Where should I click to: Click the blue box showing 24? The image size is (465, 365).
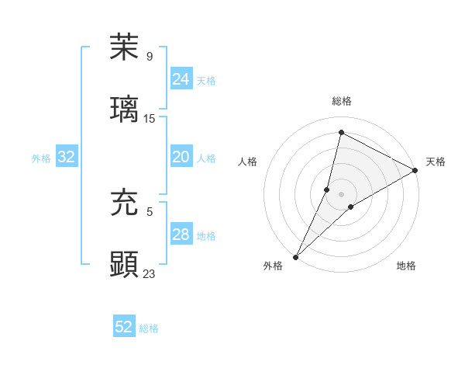181,79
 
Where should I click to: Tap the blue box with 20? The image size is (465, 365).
181,157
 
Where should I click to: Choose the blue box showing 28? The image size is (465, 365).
181,235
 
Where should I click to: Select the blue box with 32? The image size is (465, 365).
67,157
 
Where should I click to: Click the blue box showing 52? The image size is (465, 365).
123,327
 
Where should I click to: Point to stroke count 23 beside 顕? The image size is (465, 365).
150,273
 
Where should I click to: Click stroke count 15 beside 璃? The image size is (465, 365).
150,118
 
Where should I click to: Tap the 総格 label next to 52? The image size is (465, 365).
149,328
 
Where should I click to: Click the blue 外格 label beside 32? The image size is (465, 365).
41,158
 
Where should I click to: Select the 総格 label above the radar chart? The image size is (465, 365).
341,101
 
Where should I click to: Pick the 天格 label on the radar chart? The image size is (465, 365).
436,162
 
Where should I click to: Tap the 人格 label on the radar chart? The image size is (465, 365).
247,162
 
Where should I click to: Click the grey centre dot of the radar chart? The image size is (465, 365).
341,194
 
